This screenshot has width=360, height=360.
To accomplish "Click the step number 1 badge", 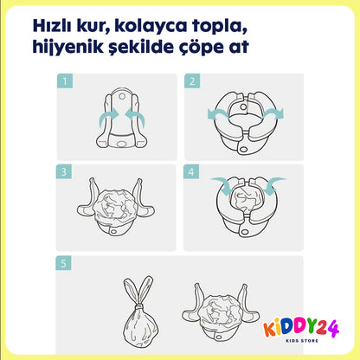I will pyautogui.click(x=63, y=82).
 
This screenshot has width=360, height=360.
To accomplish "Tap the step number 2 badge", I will pyautogui.click(x=192, y=82).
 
